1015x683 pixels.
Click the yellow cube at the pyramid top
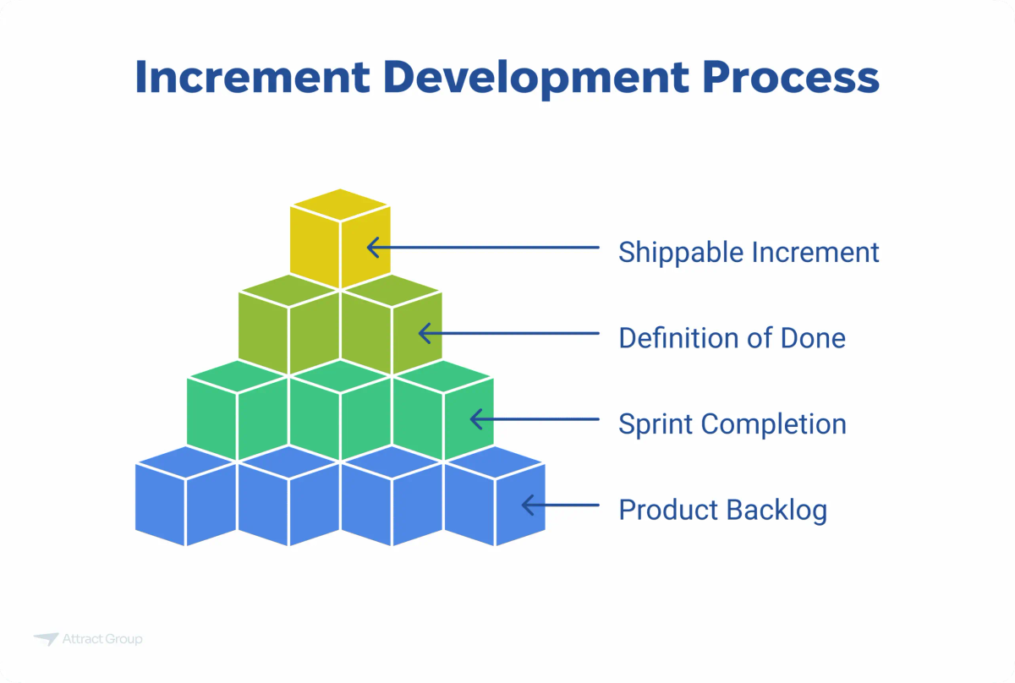(340, 241)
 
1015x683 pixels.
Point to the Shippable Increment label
(749, 252)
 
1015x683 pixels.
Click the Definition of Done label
(732, 338)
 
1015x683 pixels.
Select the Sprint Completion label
(732, 423)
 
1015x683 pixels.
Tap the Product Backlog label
(722, 510)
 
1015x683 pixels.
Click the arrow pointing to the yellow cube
(482, 248)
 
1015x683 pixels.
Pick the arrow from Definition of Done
(507, 334)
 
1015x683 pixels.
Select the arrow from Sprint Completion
(533, 419)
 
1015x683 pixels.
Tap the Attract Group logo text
(102, 639)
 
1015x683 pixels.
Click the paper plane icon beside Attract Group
(46, 639)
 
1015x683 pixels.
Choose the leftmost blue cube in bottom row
(185, 499)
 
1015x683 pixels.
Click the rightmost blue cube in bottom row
(495, 499)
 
